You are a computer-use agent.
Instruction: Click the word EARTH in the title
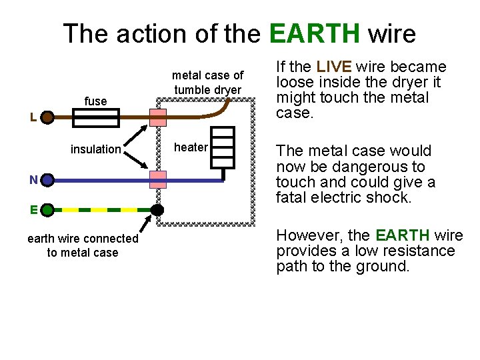[315, 33]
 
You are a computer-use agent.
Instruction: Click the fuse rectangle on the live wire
[95, 119]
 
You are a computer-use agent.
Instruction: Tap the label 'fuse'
[95, 101]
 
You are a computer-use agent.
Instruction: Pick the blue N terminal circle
[47, 180]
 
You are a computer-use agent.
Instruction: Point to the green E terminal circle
[47, 210]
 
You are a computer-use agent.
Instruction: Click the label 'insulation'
[95, 149]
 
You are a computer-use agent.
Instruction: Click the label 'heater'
[191, 147]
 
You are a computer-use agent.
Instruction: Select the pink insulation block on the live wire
[158, 118]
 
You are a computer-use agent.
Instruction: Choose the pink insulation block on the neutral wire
[158, 179]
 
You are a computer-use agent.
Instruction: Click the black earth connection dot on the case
[157, 210]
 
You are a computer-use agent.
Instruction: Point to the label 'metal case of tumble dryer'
[208, 83]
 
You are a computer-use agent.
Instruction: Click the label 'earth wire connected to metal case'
[83, 245]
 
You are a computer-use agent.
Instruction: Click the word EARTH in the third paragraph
[402, 235]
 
